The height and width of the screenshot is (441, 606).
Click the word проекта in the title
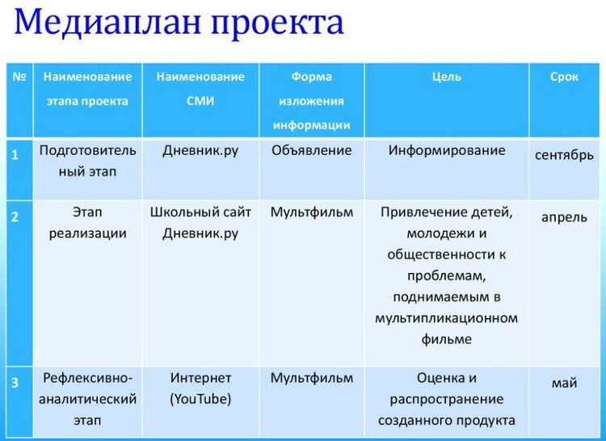click(278, 23)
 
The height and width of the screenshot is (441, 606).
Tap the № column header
click(19, 78)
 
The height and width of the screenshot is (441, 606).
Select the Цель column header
click(446, 77)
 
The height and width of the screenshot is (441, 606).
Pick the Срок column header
click(564, 77)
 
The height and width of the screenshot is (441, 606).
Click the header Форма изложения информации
click(311, 101)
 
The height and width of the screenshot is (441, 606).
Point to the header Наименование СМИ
click(200, 89)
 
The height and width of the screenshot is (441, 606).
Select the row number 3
click(15, 382)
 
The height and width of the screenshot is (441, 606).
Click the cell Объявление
click(311, 150)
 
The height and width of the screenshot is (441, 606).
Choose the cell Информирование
click(446, 150)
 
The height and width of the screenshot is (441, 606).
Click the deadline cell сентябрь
click(564, 154)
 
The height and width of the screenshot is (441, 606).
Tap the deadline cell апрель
click(564, 217)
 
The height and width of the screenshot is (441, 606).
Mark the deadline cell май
click(564, 383)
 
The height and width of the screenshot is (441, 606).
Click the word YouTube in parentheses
click(200, 399)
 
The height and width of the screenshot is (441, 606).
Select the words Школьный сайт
click(200, 212)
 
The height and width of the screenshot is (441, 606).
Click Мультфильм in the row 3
click(311, 378)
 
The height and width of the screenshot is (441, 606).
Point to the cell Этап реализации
click(87, 223)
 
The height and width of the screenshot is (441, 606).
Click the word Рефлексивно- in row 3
click(87, 378)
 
